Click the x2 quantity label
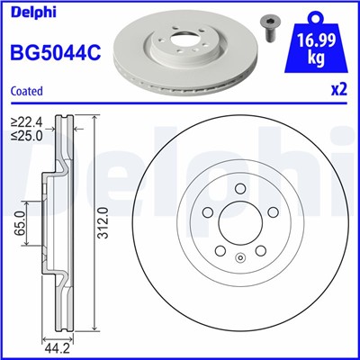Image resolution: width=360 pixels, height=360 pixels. point(338,91)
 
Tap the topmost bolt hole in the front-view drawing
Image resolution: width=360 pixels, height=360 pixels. point(239,189)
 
